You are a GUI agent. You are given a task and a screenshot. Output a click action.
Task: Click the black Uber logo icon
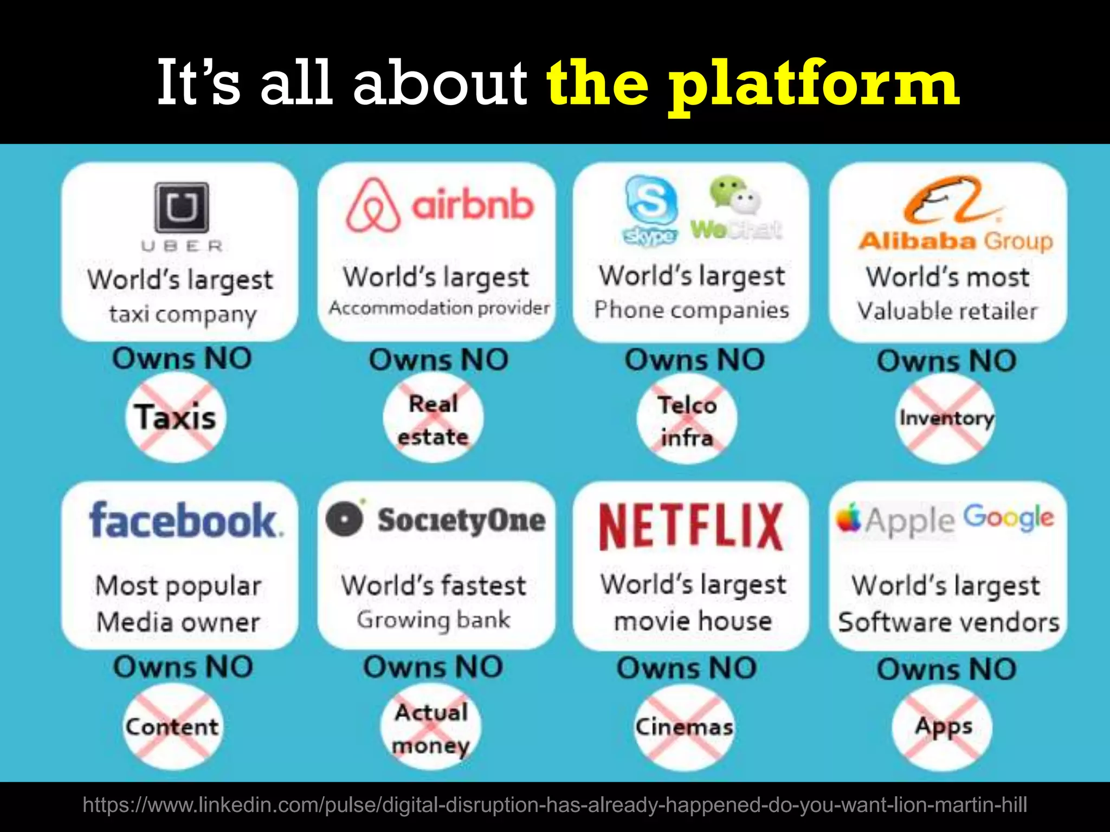pyautogui.click(x=182, y=207)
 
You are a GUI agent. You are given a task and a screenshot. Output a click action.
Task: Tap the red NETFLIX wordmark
pyautogui.click(x=691, y=526)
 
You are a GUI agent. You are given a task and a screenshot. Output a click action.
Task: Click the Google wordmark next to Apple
pyautogui.click(x=1009, y=518)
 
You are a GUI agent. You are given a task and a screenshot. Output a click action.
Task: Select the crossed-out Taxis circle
pyautogui.click(x=176, y=418)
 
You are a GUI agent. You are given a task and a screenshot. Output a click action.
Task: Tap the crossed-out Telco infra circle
pyautogui.click(x=687, y=421)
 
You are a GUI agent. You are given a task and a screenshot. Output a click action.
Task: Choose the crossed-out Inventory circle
pyautogui.click(x=946, y=418)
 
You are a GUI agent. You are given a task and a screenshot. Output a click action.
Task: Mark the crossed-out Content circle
pyautogui.click(x=172, y=726)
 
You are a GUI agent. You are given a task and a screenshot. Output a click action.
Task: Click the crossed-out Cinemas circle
pyautogui.click(x=684, y=727)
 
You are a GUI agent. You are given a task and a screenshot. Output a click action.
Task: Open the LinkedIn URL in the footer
pyautogui.click(x=554, y=805)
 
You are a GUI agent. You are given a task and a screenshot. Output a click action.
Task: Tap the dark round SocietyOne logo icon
pyautogui.click(x=344, y=518)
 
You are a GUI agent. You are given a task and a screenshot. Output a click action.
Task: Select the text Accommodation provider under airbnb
pyautogui.click(x=439, y=308)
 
